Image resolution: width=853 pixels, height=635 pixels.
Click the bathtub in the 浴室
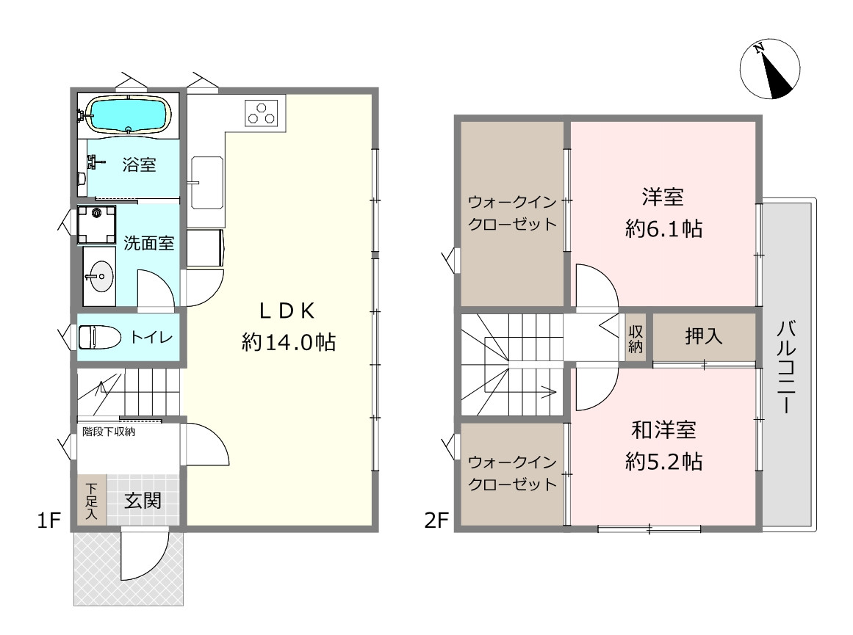click(129, 115)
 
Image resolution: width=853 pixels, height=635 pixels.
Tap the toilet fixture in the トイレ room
click(99, 337)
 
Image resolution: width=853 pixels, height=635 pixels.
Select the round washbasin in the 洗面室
click(99, 276)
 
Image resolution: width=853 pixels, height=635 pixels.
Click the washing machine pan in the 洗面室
click(96, 225)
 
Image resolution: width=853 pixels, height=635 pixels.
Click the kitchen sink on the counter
click(206, 183)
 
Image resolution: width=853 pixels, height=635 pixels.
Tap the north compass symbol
click(770, 69)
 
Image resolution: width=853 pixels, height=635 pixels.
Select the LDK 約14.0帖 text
click(288, 326)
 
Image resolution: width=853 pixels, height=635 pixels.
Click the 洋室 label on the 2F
click(663, 197)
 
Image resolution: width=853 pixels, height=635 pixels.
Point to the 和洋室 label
click(663, 430)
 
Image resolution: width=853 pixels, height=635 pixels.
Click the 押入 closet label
click(703, 336)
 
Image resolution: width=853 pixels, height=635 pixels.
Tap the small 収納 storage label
click(636, 338)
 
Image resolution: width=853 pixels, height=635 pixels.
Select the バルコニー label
click(787, 367)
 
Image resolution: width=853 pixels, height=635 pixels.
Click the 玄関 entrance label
click(143, 500)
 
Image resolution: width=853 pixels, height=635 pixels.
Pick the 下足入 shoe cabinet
click(91, 500)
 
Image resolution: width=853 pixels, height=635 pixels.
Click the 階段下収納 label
click(109, 432)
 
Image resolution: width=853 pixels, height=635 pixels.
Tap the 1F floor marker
click(48, 520)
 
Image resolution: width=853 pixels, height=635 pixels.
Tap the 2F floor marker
click(436, 520)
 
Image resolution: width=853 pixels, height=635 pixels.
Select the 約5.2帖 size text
click(663, 462)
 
